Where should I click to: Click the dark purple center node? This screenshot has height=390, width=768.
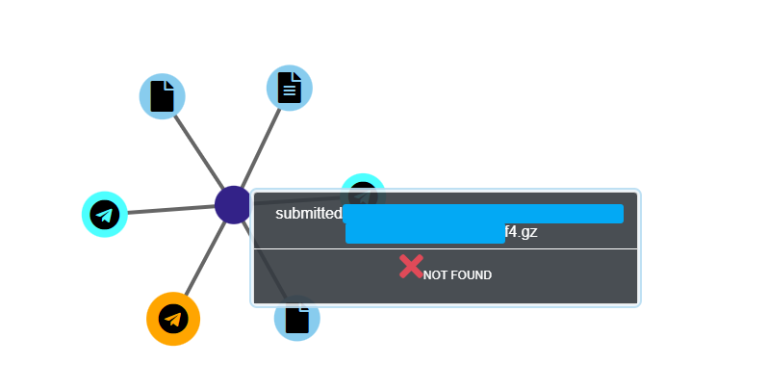coord(233,205)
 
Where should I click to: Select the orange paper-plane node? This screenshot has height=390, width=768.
coord(173,319)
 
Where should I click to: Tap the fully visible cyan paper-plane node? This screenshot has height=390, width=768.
coord(105,214)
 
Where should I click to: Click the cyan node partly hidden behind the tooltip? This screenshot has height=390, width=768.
coord(363,183)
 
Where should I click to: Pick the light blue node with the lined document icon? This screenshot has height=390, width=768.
coord(290,89)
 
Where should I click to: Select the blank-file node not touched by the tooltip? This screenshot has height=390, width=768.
coord(163,96)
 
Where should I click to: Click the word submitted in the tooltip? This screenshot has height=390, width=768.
coord(308,214)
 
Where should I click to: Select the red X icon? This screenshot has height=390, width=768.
coord(411,267)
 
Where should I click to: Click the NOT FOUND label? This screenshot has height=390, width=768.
coord(457,275)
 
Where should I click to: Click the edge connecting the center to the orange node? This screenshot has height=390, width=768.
coord(203,260)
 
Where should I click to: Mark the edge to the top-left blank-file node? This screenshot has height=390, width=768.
coord(197,149)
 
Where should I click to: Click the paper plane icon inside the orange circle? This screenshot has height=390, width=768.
coord(173,319)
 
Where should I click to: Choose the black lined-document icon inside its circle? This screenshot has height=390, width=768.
coord(290,89)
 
